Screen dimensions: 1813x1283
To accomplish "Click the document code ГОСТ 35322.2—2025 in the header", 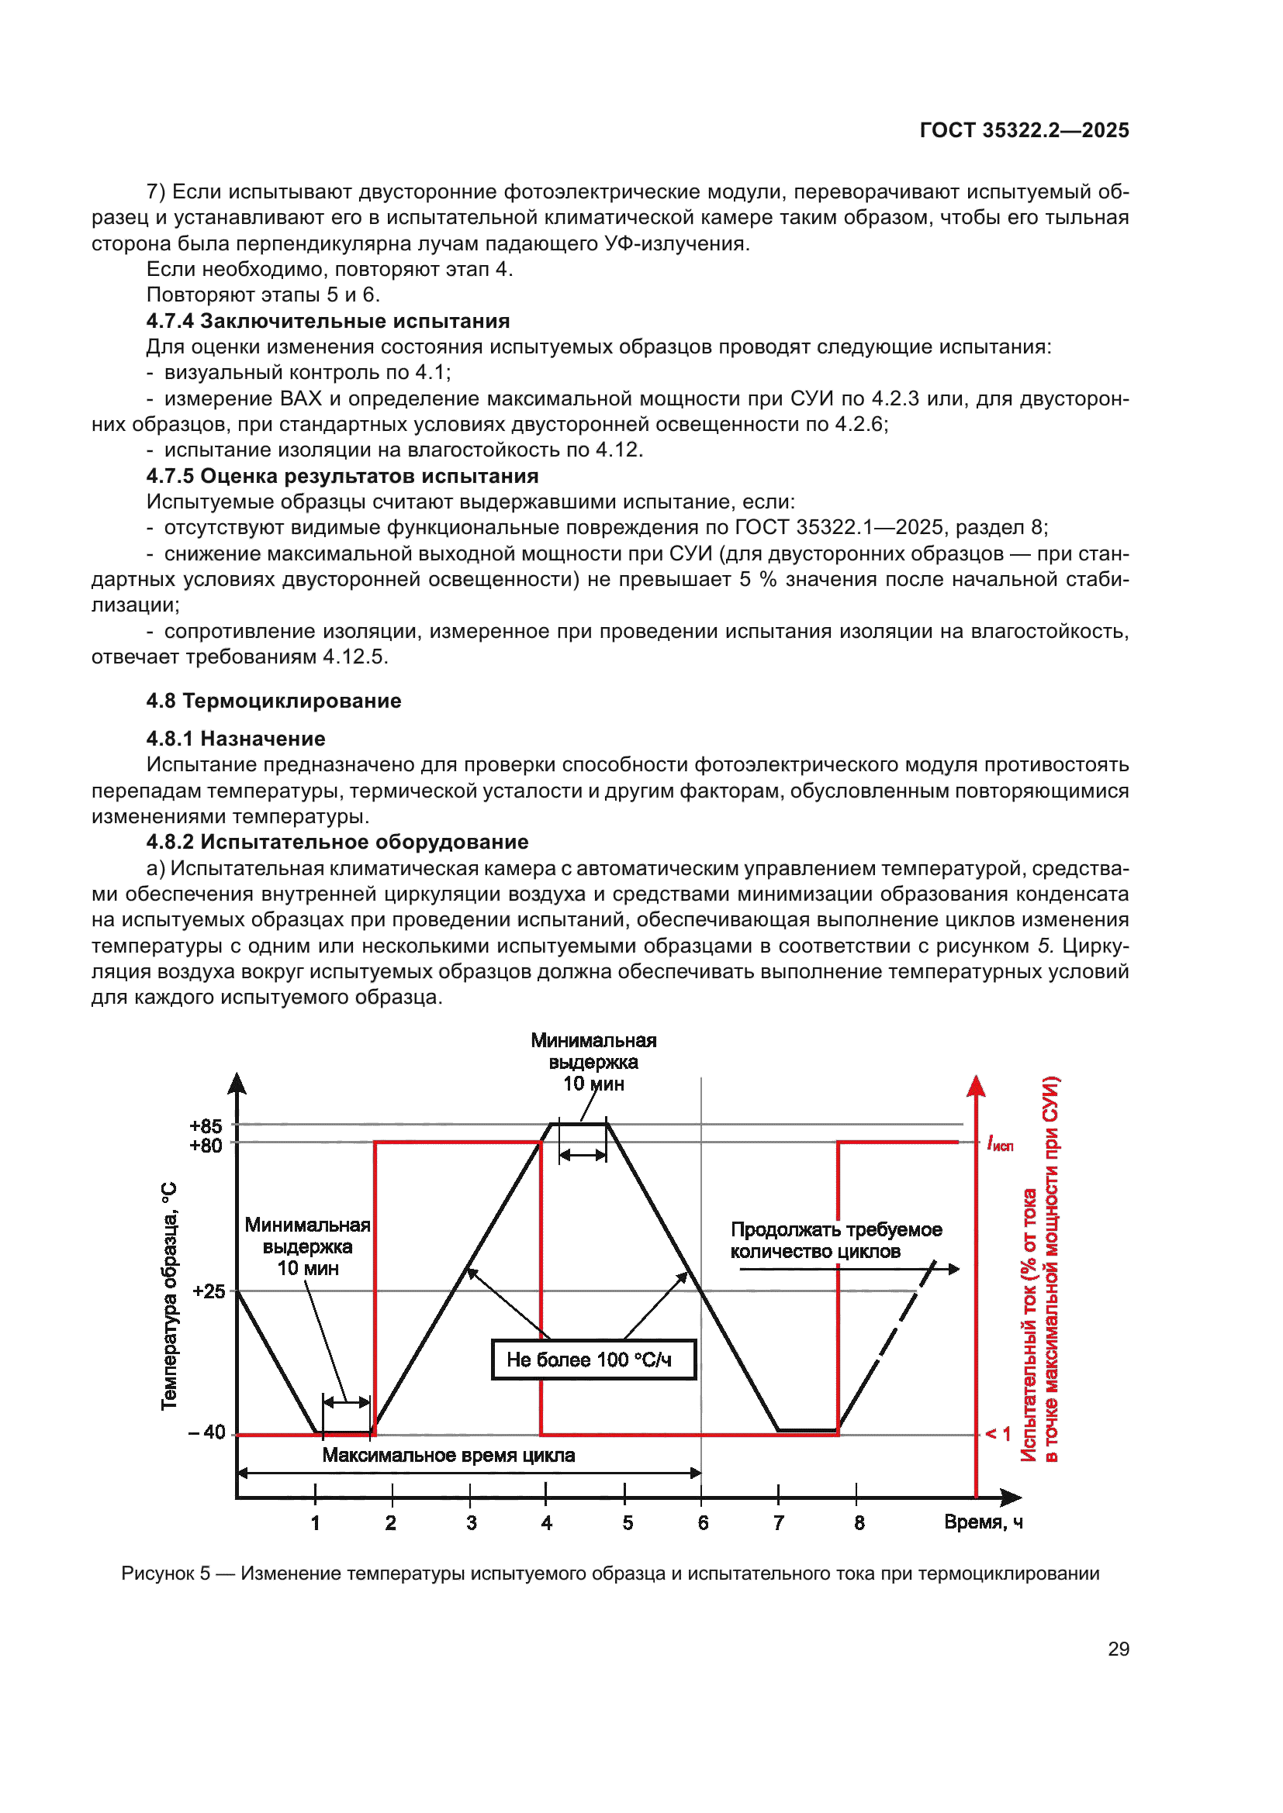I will [x=1024, y=130].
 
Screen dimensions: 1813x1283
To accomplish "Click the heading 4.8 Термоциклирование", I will [x=273, y=701].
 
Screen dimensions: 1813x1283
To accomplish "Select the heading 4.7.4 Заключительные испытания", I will [x=328, y=321].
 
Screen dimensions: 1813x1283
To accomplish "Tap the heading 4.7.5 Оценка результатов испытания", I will [x=342, y=475].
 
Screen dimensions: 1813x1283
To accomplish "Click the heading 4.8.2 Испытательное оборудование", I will [x=337, y=842].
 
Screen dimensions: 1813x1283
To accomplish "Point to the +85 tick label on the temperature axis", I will [x=206, y=1125].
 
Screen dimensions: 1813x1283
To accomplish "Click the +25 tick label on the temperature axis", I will [x=209, y=1291].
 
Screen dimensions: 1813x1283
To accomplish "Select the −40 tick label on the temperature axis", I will [x=207, y=1432].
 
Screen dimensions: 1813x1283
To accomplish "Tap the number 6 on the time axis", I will [x=703, y=1522].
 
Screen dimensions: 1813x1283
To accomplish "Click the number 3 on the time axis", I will [x=471, y=1522].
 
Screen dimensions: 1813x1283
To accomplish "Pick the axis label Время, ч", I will [x=983, y=1522].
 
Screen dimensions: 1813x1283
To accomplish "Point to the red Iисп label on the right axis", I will [x=1000, y=1143].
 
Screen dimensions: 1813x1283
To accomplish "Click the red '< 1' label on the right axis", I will [x=998, y=1433].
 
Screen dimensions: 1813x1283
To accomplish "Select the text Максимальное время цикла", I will [x=448, y=1456].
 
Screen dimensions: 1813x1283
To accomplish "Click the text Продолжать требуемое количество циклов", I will [x=835, y=1240].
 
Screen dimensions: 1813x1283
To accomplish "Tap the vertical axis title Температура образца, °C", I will [x=169, y=1296].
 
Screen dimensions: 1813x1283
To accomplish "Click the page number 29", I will [x=1118, y=1649].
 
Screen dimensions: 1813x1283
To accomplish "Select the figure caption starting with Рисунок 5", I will [x=610, y=1573].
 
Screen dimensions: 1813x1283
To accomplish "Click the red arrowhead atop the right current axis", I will [x=977, y=1086].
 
